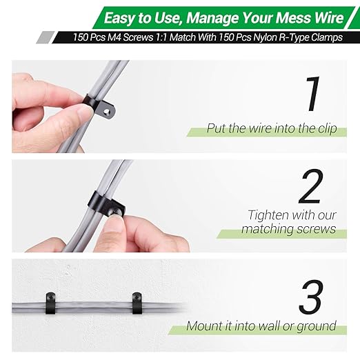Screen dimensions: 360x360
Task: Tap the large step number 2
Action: (x=311, y=186)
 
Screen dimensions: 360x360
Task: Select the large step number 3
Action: (x=311, y=297)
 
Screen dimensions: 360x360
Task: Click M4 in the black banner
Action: (x=114, y=37)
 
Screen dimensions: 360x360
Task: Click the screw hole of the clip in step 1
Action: (x=107, y=112)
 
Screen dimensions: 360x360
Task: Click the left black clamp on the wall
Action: (x=50, y=303)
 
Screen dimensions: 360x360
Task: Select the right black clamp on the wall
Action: (x=137, y=303)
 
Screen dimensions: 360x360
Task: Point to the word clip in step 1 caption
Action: (x=328, y=128)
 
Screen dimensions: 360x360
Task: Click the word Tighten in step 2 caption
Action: (x=268, y=215)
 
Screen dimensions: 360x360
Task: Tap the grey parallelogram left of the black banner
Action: (x=46, y=37)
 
